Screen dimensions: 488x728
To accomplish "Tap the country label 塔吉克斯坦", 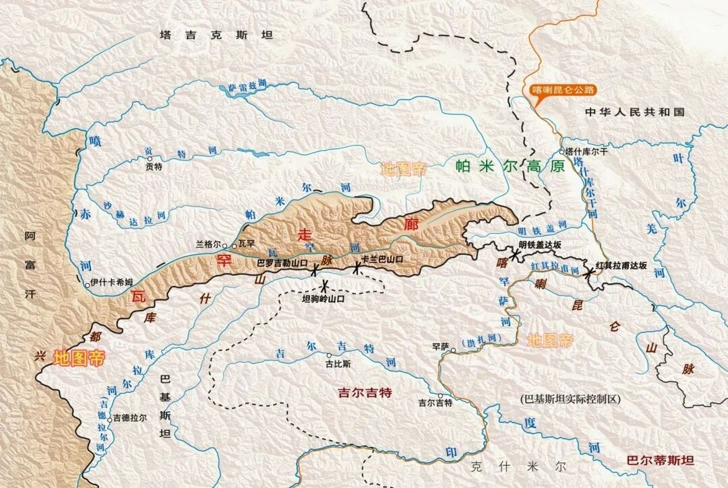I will point(217,35).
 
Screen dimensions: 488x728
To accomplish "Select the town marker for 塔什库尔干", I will point(562,151).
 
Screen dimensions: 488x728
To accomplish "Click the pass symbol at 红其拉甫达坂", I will point(590,272).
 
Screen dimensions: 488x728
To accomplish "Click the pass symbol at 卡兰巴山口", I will point(356,268).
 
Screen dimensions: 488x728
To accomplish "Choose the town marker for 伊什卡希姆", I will point(87,284).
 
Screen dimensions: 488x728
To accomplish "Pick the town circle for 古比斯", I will point(329,355).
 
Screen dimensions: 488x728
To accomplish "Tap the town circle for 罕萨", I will point(453,350).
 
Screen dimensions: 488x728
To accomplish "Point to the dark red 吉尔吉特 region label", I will point(365,392).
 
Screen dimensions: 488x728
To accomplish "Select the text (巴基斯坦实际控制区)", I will point(570,399).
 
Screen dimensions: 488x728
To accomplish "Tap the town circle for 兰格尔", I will point(225,246).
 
